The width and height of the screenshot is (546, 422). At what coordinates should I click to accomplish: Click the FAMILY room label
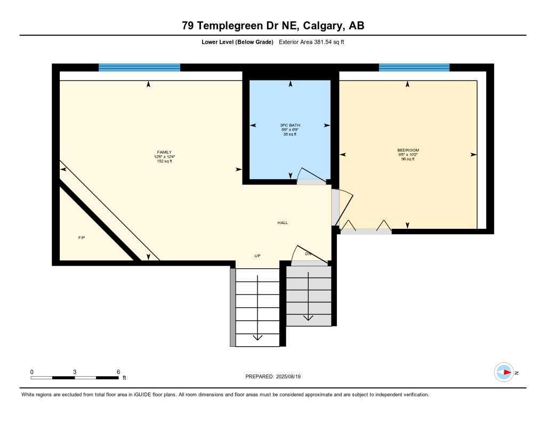(x=164, y=152)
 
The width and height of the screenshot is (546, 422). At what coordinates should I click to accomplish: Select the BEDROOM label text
(x=408, y=150)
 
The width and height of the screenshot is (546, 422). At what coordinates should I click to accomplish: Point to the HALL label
(x=282, y=222)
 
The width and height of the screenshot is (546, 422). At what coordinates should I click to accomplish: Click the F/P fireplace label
(x=82, y=237)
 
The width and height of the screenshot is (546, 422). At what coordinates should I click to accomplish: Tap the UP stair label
(x=257, y=256)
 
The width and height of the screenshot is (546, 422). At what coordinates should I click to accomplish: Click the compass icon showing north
(x=504, y=372)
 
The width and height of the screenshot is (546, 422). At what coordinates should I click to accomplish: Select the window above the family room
(x=139, y=67)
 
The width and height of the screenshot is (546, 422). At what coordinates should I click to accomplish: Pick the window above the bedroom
(x=414, y=67)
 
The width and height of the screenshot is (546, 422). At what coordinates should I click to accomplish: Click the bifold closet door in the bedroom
(x=366, y=227)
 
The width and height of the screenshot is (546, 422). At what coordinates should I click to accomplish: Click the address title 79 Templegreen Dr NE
(x=273, y=26)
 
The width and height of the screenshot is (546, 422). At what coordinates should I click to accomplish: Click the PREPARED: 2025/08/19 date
(x=273, y=377)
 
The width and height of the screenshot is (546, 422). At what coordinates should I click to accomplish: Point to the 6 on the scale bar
(x=118, y=372)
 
